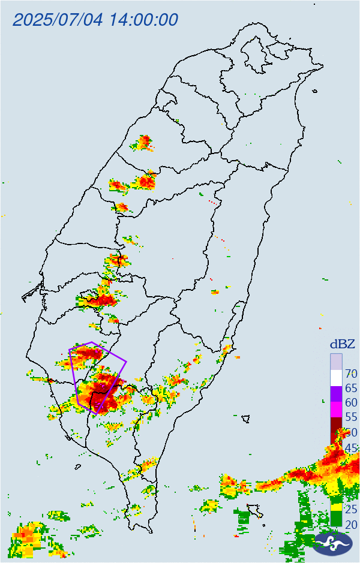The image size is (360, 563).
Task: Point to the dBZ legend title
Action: tap(342, 344)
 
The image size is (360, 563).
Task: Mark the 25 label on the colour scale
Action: tap(351, 510)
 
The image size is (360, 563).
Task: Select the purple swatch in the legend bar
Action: tap(336, 395)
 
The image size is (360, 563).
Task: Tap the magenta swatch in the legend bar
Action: tap(336, 410)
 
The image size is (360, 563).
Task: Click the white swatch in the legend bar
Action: tap(336, 378)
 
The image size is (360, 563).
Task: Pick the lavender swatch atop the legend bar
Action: tap(336, 362)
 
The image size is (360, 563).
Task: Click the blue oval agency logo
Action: tap(334, 543)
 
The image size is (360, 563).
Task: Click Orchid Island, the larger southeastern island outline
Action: tap(257, 510)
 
